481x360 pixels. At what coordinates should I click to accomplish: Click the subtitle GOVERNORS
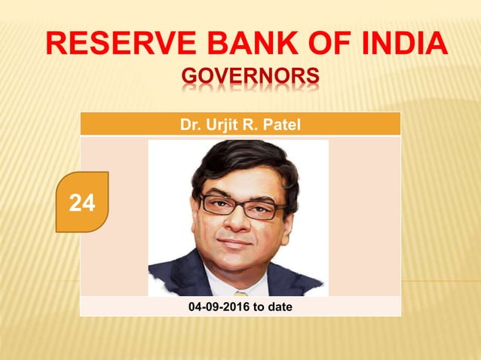[x=250, y=78]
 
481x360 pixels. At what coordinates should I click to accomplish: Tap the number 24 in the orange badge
[x=82, y=202]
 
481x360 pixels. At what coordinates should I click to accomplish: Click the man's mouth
[x=237, y=243]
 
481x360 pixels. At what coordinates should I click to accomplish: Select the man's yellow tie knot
[x=240, y=292]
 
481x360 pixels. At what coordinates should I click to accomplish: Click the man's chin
[x=235, y=264]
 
